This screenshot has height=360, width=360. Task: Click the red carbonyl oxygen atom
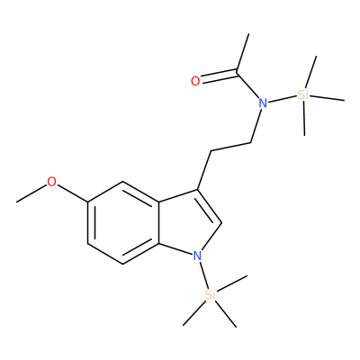click(195, 81)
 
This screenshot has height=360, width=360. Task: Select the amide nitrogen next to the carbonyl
click(263, 103)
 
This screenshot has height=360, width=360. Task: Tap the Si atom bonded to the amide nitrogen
click(303, 94)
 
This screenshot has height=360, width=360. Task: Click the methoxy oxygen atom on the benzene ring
click(51, 182)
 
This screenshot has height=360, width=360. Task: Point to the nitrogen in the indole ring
click(197, 256)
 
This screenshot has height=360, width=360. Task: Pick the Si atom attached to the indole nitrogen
click(211, 294)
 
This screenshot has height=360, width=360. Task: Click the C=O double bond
click(219, 76)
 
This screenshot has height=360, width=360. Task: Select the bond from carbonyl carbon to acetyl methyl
click(243, 53)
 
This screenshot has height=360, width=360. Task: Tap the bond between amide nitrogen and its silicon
click(282, 99)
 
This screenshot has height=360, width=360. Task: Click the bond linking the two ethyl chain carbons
click(231, 147)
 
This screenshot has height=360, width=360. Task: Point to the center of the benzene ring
click(123, 222)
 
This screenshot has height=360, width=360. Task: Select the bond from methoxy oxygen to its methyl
click(31, 193)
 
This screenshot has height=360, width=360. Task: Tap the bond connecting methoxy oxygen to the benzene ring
click(72, 193)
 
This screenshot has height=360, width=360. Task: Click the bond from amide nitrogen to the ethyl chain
click(256, 125)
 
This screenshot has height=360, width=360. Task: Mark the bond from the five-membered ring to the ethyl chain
click(204, 170)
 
